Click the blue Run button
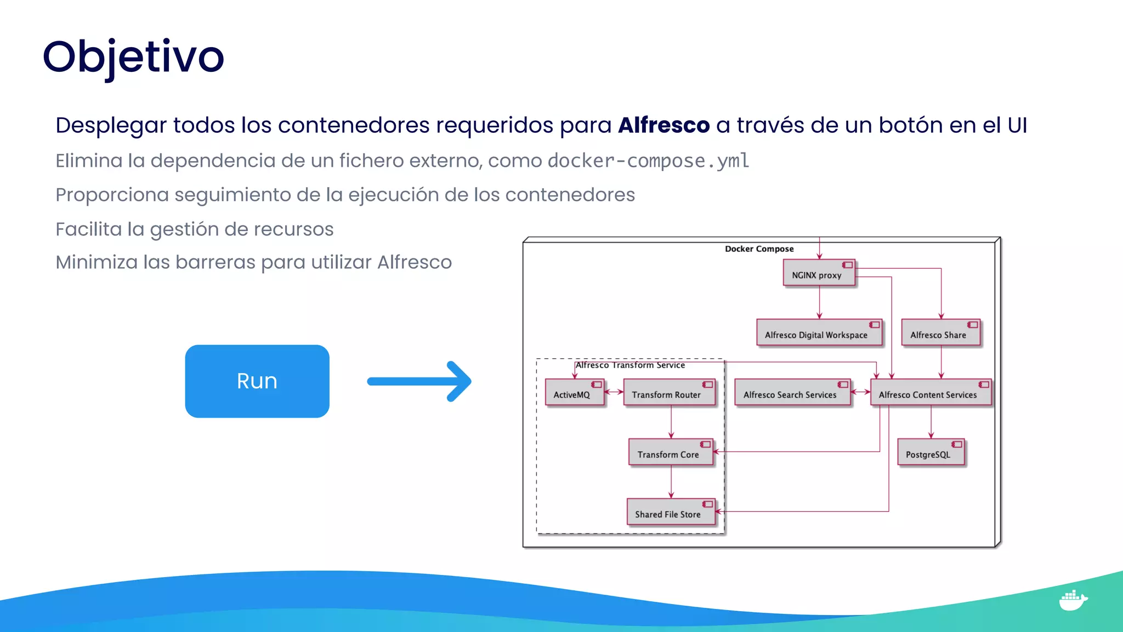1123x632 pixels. pyautogui.click(x=257, y=381)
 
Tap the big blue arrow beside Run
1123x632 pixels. pyautogui.click(x=419, y=381)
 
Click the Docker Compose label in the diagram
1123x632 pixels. pyautogui.click(x=759, y=249)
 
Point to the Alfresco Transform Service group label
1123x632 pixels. pyautogui.click(x=630, y=365)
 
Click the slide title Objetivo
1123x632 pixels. pyautogui.click(x=133, y=57)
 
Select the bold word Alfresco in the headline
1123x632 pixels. pyautogui.click(x=663, y=126)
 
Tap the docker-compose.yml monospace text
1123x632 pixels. pyautogui.click(x=648, y=161)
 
